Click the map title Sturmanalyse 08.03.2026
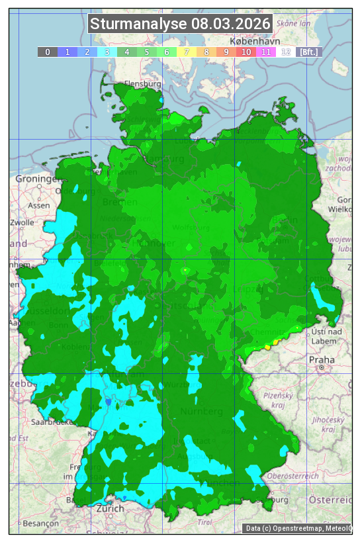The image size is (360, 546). click(x=181, y=24)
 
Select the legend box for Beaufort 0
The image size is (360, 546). click(x=47, y=52)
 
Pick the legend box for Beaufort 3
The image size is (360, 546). click(x=107, y=52)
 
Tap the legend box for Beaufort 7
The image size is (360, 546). click(x=187, y=52)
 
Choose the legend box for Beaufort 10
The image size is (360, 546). click(x=246, y=52)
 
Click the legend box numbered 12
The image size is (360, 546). click(x=286, y=52)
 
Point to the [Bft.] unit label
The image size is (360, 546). click(x=308, y=52)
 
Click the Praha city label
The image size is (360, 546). click(x=321, y=359)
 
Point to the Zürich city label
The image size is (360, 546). click(x=110, y=508)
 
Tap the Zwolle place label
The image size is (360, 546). click(x=22, y=222)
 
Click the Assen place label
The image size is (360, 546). click(x=40, y=205)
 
